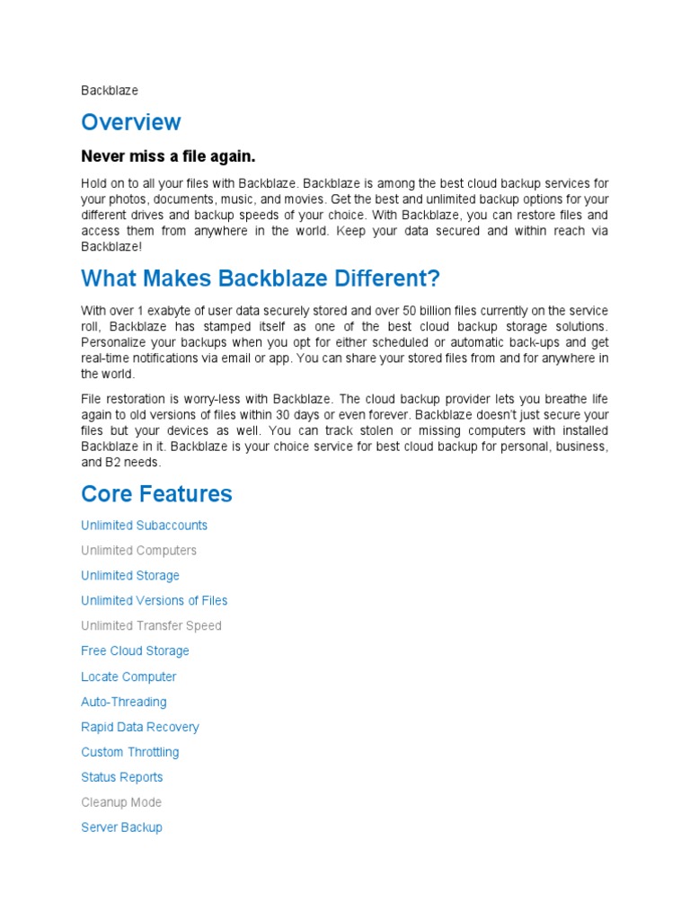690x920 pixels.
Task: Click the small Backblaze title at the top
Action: [110, 91]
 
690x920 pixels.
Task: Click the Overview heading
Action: [131, 122]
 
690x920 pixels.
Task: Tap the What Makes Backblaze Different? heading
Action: [261, 279]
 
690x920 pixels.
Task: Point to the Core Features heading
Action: [156, 493]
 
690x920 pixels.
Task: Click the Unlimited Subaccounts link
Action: [144, 526]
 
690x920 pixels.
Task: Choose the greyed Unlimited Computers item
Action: [138, 551]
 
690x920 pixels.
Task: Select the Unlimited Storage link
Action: [130, 576]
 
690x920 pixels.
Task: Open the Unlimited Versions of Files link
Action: [155, 601]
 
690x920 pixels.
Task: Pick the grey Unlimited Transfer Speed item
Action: [151, 626]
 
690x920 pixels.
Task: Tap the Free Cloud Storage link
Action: [135, 651]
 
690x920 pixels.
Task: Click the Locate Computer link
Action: [128, 677]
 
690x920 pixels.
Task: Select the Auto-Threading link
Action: [124, 702]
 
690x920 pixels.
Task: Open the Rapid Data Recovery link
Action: [140, 727]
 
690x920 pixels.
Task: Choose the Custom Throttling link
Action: [130, 752]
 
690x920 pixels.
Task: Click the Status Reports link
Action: [122, 777]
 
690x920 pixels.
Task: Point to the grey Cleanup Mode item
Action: [121, 802]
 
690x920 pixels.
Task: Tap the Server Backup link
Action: [121, 827]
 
